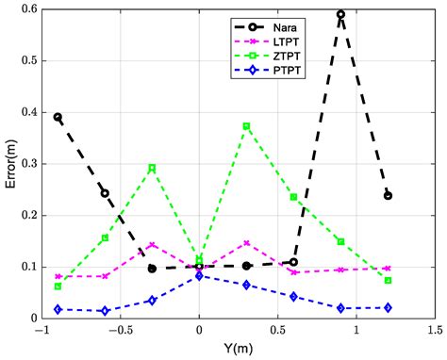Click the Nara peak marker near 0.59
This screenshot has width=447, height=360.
pyautogui.click(x=340, y=15)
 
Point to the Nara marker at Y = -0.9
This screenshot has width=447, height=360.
pyautogui.click(x=58, y=118)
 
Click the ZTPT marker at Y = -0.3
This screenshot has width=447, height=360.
pyautogui.click(x=152, y=168)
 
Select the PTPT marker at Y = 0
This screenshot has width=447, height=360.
pyautogui.click(x=199, y=276)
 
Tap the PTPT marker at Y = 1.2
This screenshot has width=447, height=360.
pyautogui.click(x=388, y=308)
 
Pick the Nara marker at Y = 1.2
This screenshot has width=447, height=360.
pyautogui.click(x=388, y=196)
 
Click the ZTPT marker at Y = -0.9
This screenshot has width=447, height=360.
pyautogui.click(x=58, y=286)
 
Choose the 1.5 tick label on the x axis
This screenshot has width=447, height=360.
pyautogui.click(x=434, y=332)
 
